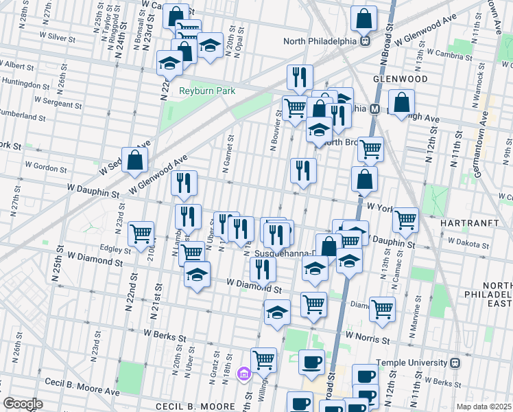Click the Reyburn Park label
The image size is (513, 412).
207,91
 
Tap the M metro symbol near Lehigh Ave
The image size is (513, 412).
375,108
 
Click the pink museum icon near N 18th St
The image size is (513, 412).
242,374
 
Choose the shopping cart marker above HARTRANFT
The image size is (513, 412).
406,219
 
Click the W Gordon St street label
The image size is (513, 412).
47,167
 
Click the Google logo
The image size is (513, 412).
23,404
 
